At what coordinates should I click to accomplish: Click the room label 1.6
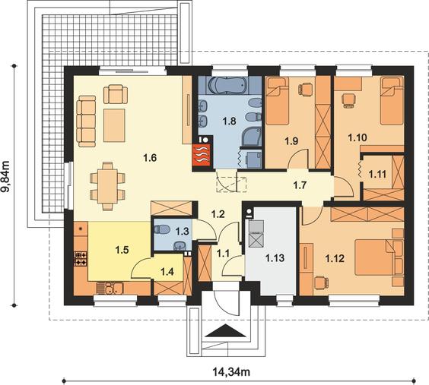click(150, 157)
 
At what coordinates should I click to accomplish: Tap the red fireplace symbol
click(202, 155)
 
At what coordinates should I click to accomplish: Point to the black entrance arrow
click(225, 330)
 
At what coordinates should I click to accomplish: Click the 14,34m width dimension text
click(231, 371)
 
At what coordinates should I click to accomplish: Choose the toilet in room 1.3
click(161, 229)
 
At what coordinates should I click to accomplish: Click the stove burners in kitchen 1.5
click(81, 258)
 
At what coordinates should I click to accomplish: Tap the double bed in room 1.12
click(376, 257)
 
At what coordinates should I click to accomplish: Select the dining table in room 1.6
click(107, 186)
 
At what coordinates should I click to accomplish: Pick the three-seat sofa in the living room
click(86, 121)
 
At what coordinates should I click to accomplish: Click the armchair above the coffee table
click(116, 94)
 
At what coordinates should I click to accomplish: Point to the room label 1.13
click(275, 257)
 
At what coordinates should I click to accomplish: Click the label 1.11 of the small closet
click(377, 174)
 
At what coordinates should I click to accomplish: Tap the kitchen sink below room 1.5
click(110, 288)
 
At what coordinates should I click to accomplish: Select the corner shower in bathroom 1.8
click(252, 137)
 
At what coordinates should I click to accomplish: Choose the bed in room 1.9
click(278, 101)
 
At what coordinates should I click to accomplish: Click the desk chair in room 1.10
click(348, 100)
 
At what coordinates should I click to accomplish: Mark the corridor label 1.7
click(300, 185)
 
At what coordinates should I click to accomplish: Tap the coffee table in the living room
click(114, 125)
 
